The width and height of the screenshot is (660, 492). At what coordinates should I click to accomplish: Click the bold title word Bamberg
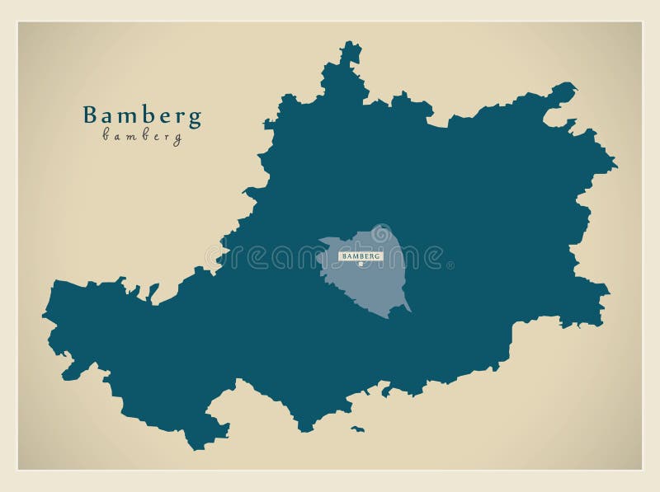142,115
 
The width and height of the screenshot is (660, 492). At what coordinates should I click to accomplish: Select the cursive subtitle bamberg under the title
142,137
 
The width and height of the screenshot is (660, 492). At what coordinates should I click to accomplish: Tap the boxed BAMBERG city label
361,256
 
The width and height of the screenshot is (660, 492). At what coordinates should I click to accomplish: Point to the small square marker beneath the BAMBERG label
361,265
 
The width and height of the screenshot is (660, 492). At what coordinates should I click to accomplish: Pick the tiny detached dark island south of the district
357,429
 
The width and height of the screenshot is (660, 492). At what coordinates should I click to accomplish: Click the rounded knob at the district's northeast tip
564,91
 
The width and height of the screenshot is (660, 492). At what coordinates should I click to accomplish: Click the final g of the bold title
195,119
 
